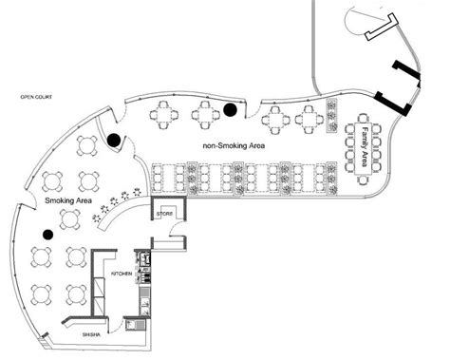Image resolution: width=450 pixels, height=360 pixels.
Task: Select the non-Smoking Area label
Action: (234, 146)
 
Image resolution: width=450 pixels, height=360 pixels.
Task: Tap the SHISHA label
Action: (91, 334)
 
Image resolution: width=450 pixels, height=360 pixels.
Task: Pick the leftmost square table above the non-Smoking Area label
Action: (164, 115)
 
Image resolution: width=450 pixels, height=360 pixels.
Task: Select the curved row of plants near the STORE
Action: (116, 204)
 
